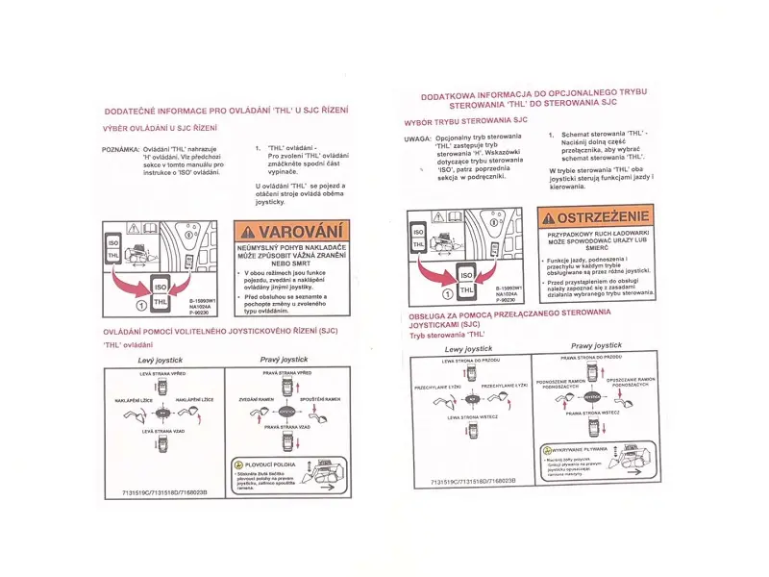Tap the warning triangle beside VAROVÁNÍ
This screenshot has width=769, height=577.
tap(249, 232)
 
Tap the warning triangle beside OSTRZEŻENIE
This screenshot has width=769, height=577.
tap(546, 217)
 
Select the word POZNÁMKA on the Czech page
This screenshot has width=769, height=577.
tap(119, 150)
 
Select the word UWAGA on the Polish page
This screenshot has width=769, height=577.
tap(416, 138)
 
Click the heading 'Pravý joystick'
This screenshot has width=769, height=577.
tap(283, 359)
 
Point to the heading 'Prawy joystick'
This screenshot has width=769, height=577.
tap(595, 345)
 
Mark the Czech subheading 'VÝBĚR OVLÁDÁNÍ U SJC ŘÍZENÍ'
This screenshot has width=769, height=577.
tap(160, 127)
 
